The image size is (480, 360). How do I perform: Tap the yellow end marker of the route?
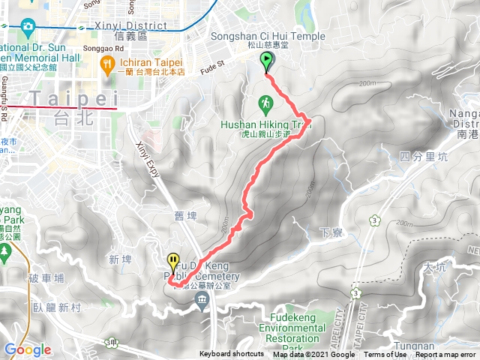174,263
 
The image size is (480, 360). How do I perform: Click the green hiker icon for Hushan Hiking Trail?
265,102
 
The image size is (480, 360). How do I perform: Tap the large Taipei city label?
73,98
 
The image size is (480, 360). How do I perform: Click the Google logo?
27,349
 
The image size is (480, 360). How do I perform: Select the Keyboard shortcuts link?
231,355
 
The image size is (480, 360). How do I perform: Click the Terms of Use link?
385,355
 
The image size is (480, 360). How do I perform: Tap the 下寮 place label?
330,232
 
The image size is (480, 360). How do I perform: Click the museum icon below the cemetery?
202,301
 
